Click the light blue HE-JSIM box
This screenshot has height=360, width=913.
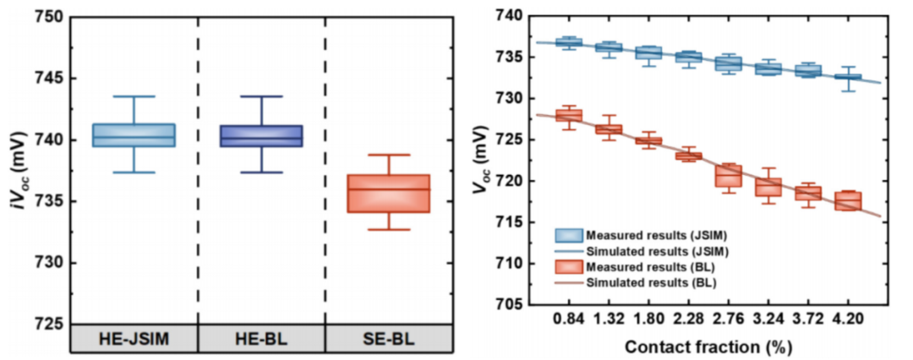[134, 135]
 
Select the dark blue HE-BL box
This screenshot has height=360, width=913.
[261, 135]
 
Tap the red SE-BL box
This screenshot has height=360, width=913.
[390, 194]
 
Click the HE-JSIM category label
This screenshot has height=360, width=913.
[134, 338]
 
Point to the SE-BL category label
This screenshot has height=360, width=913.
[389, 338]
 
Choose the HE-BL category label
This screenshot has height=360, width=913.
[261, 338]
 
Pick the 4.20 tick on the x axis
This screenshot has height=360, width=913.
[848, 322]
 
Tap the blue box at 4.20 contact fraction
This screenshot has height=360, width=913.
[848, 78]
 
